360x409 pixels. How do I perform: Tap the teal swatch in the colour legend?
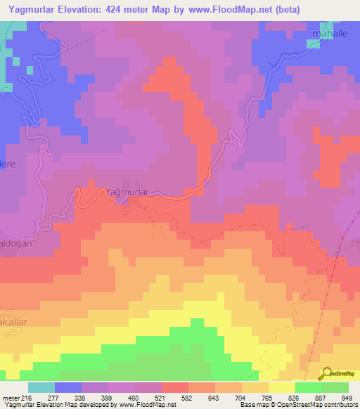pos(41,387)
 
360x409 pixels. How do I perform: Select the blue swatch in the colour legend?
pos(68,387)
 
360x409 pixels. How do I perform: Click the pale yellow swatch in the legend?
pos(281,387)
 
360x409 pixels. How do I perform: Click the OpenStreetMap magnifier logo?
pos(327,373)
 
